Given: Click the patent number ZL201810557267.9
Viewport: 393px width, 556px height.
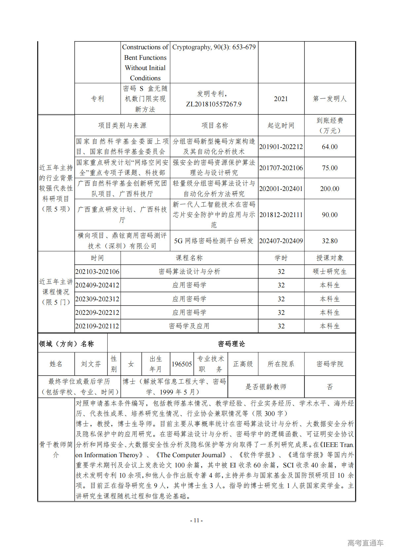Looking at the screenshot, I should pos(214,104).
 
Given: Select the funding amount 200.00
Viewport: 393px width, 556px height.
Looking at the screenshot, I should pos(330,189).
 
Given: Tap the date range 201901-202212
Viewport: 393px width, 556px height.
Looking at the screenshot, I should pos(281,147).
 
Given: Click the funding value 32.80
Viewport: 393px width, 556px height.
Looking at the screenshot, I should pos(330,241).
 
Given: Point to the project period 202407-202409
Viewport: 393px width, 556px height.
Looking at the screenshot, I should pos(281,241).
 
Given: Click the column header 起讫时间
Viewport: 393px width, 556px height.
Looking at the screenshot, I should pos(281,126).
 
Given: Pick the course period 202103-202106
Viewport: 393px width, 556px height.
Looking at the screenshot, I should pos(97,272).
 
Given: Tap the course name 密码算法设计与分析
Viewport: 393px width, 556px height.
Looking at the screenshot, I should pos(189,272).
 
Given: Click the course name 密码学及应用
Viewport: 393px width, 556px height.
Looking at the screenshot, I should pos(189,326).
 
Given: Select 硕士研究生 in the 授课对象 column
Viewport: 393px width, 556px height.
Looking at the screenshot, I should pos(330,272).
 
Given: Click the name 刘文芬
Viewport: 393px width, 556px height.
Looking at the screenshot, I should pos(91,364).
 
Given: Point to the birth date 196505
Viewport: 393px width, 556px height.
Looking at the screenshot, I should pos(182,364).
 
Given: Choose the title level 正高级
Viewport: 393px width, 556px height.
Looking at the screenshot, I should pos(243,364).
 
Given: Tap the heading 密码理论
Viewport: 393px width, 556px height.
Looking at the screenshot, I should pos(232,344).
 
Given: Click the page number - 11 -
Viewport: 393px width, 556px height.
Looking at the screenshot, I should pos(196,520).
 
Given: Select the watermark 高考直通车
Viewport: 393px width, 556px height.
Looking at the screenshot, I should pos(365,543).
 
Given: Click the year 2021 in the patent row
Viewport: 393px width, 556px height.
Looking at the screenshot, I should pos(281,99).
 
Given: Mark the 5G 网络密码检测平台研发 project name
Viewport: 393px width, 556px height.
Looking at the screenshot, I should pos(214,241).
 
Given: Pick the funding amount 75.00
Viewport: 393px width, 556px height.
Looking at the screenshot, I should pos(330,168).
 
